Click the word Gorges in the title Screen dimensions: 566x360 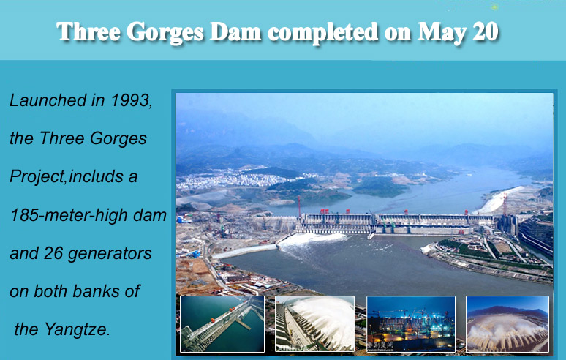pyautogui.click(x=165, y=32)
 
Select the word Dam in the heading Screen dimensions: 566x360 pyautogui.click(x=235, y=31)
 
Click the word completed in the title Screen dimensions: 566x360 pyautogui.click(x=322, y=32)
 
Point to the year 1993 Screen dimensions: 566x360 pyautogui.click(x=131, y=100)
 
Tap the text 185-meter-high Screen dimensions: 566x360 pyautogui.click(x=69, y=215)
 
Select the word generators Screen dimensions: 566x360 pyautogui.click(x=110, y=254)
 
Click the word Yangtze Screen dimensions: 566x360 pyautogui.click(x=77, y=330)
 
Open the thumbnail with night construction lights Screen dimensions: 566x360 pyautogui.click(x=411, y=324)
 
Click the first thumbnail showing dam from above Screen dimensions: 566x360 pyautogui.click(x=222, y=324)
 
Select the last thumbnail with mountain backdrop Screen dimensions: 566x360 pyautogui.click(x=507, y=324)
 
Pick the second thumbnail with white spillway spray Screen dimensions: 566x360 pyautogui.click(x=314, y=324)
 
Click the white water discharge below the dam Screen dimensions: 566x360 pyautogui.click(x=312, y=239)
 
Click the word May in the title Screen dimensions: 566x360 pyautogui.click(x=441, y=32)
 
